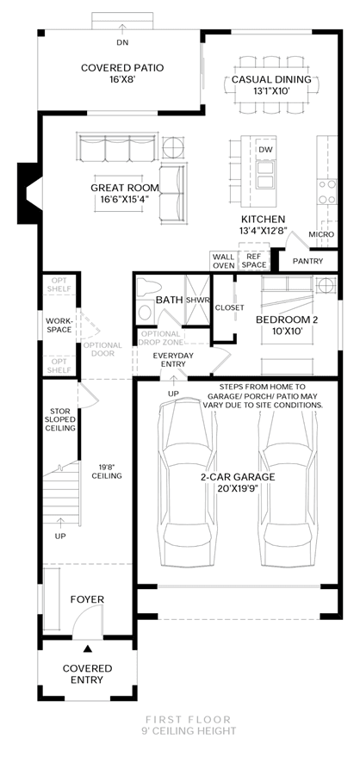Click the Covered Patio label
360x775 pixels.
(x=122, y=68)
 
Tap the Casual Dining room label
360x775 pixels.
(x=271, y=79)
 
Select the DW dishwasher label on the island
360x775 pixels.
(x=265, y=150)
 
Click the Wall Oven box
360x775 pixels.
(x=224, y=261)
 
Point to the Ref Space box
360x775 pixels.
(x=253, y=261)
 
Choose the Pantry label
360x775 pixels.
(x=307, y=261)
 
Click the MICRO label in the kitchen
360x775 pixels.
(x=321, y=234)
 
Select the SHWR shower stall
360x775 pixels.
(x=197, y=300)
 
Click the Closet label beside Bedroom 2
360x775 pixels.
(x=229, y=307)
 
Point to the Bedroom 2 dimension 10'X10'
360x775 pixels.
(x=287, y=332)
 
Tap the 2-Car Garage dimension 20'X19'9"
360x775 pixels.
(x=238, y=488)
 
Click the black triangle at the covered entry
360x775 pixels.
(x=88, y=648)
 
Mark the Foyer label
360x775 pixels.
(x=87, y=599)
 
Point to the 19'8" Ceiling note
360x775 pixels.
(x=107, y=471)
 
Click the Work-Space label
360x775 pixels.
(x=59, y=325)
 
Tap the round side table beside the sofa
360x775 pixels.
(x=172, y=146)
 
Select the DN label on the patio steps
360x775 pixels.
(x=122, y=42)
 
